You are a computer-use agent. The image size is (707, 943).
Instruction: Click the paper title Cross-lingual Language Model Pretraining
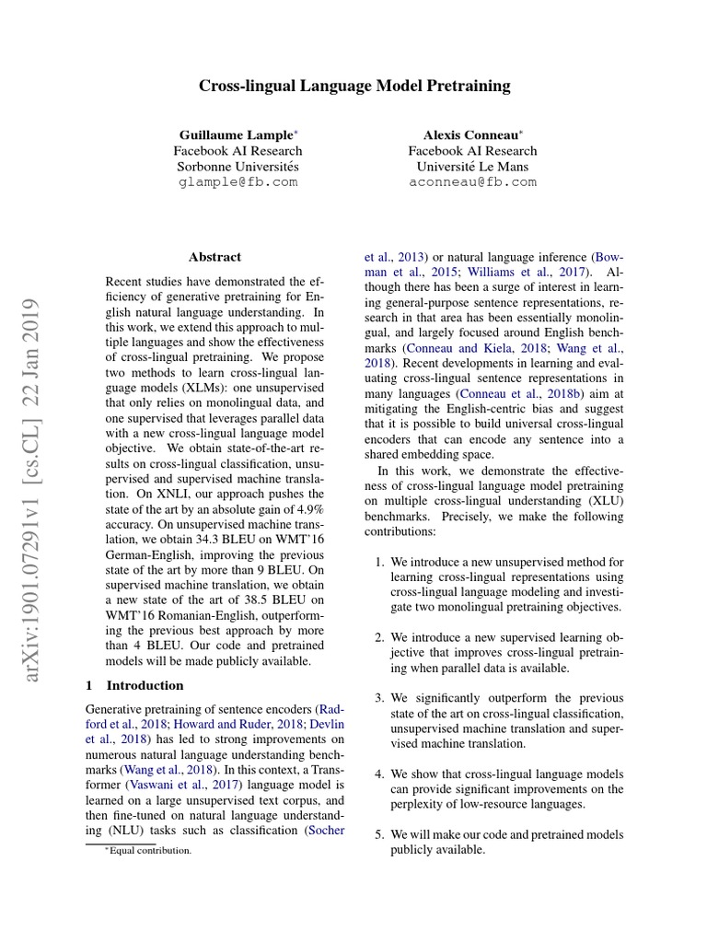point(354,87)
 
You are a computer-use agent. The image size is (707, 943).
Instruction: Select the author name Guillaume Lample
point(236,134)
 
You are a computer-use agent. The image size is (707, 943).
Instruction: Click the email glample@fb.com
point(238,182)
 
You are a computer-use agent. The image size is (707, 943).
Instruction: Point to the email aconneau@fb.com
point(472,182)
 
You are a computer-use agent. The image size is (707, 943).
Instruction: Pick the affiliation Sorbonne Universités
point(238,167)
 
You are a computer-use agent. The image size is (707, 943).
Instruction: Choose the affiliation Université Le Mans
point(472,167)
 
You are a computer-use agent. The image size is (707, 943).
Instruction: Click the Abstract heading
point(214,257)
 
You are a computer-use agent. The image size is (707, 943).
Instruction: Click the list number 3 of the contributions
point(380,697)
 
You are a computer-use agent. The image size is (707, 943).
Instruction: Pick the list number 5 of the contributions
point(380,834)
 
